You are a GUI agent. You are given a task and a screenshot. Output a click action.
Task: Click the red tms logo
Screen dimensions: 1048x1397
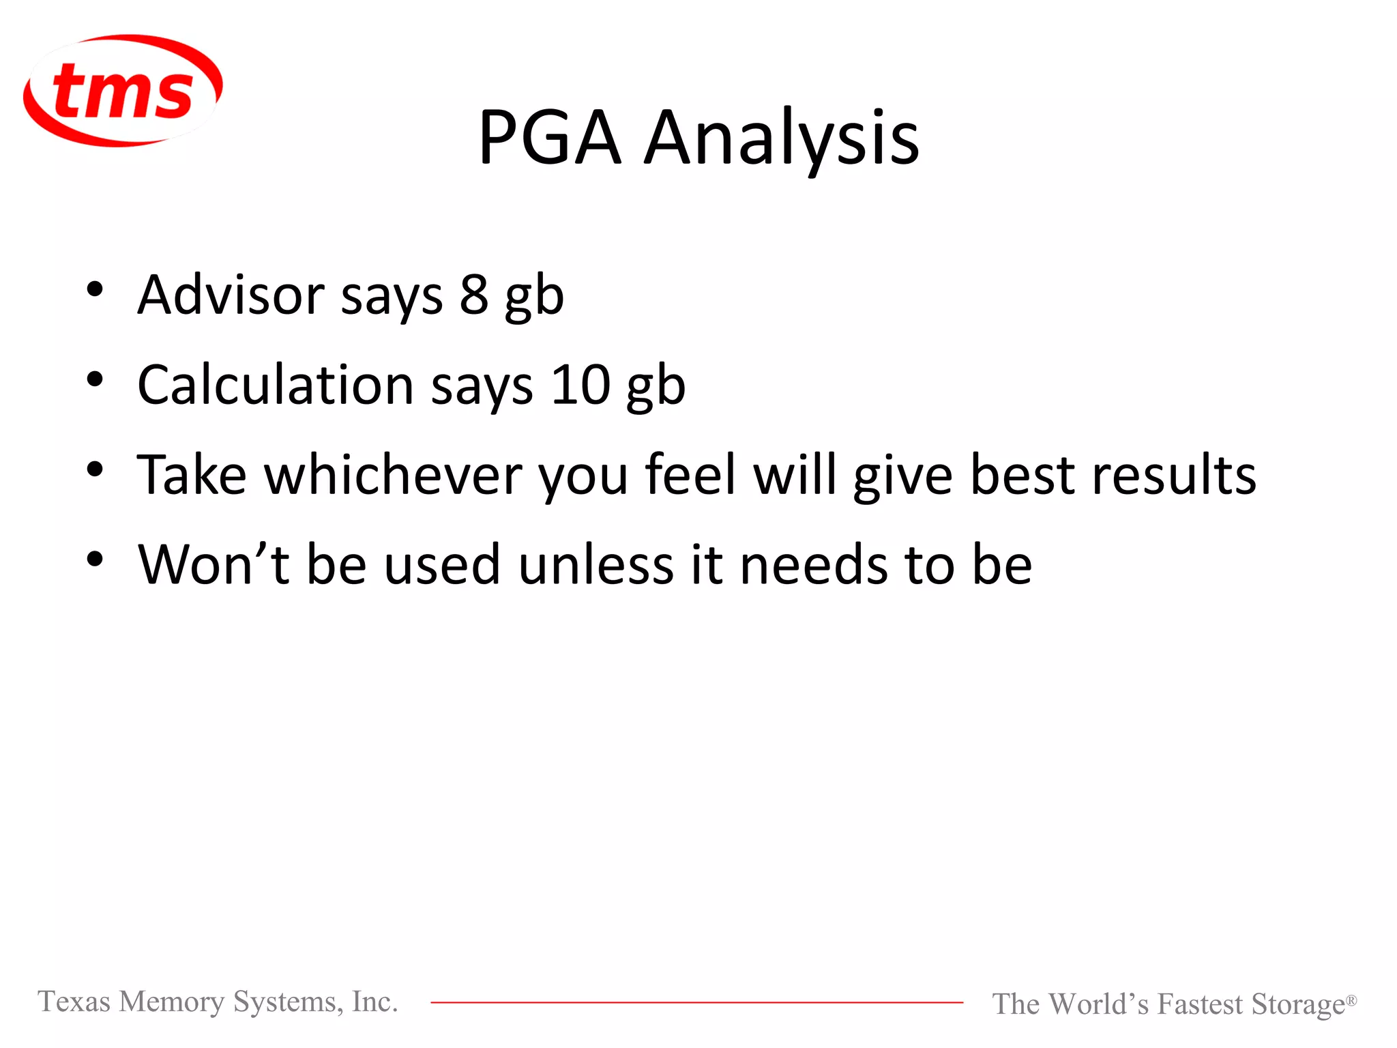tap(123, 91)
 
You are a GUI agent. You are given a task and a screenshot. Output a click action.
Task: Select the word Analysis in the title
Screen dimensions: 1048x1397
tap(782, 139)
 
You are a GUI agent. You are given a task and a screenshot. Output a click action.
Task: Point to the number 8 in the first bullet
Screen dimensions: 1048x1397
tap(474, 295)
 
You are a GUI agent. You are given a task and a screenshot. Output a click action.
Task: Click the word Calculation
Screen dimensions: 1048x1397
tap(276, 385)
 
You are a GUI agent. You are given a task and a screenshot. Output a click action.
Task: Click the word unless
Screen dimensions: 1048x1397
tap(596, 565)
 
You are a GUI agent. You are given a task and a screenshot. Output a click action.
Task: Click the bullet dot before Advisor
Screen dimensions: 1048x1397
tap(95, 289)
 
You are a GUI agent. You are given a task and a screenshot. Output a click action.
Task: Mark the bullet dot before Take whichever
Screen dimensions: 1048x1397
tap(95, 469)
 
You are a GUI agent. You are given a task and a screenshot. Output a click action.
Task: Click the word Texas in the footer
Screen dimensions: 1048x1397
tap(74, 1002)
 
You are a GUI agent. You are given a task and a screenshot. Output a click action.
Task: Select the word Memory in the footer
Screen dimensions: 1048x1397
tap(171, 1002)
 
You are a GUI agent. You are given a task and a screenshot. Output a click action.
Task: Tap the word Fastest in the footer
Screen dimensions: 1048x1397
tap(1200, 1004)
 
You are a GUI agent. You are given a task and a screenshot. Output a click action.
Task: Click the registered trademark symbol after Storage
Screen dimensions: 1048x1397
tap(1351, 1000)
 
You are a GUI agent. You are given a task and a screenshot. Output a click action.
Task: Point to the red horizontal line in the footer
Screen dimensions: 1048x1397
tap(696, 1002)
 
